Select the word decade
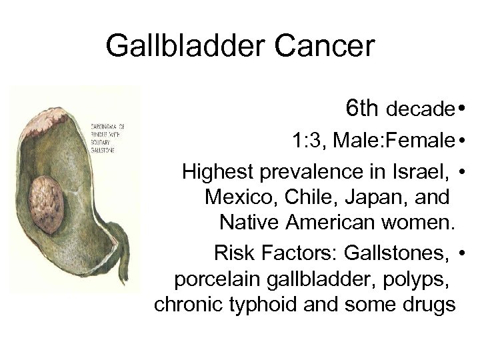tap(419, 108)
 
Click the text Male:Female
tap(394, 141)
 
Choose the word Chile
tap(307, 197)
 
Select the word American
tap(333, 222)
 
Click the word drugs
tap(427, 305)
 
